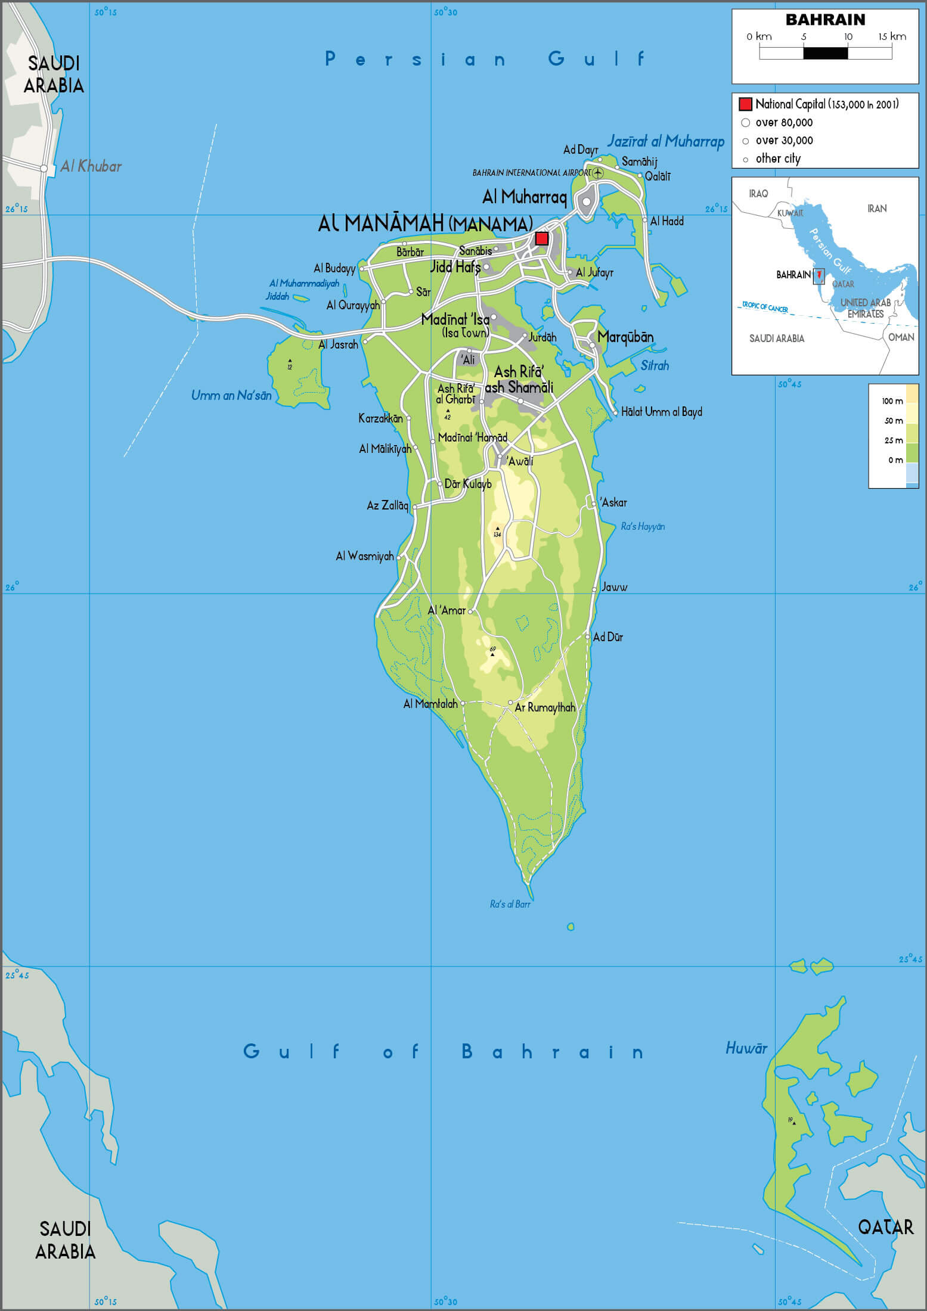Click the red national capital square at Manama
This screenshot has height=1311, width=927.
pos(541,238)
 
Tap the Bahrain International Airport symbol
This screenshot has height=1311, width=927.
pos(598,173)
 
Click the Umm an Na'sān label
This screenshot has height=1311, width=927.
pos(231,395)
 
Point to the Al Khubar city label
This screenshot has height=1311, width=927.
pos(91,166)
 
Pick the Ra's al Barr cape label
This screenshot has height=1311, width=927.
pos(510,904)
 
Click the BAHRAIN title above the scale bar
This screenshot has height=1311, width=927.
pos(825,20)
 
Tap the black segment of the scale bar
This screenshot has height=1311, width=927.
pos(825,53)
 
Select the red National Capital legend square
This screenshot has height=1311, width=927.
pos(745,104)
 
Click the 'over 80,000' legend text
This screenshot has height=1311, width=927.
pos(784,123)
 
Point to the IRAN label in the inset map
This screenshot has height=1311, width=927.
pos(877,209)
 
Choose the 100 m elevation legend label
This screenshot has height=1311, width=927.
pos(892,401)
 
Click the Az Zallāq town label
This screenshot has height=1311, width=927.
pos(387,505)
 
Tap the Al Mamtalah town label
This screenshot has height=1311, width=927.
pos(430,704)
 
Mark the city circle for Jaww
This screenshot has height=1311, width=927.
pos(594,589)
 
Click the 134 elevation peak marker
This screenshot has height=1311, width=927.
pos(497,529)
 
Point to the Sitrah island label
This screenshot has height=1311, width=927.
pos(655,365)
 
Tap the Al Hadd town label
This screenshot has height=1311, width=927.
pos(666,221)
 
